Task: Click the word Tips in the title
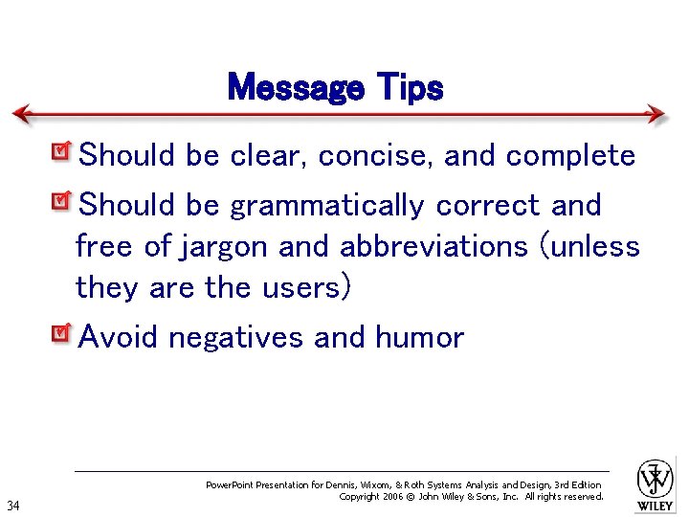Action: pos(410,88)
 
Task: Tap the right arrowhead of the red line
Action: pos(656,114)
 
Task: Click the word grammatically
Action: pos(326,206)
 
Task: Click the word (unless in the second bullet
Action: pos(590,247)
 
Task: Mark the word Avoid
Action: pos(118,337)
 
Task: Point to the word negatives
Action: pos(237,338)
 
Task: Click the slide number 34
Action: pos(13,506)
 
